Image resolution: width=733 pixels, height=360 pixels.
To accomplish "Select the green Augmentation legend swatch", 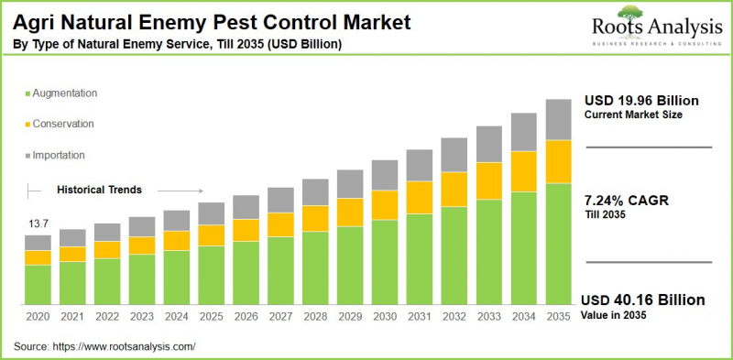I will tap(27, 94).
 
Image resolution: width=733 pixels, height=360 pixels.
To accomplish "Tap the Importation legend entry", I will tap(59, 155).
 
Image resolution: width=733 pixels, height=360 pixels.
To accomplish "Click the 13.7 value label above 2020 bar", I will tap(38, 224).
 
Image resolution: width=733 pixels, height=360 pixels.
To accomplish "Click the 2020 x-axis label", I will tap(38, 316).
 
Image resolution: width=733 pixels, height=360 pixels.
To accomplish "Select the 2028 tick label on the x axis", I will tap(315, 316).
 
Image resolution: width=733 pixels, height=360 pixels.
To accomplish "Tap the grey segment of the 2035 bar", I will tap(558, 119).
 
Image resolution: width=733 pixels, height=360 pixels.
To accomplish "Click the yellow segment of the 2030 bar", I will tap(385, 204).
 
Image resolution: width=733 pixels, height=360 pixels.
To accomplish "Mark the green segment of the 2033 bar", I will tap(489, 252).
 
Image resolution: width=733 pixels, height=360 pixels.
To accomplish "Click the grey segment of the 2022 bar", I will tap(107, 232).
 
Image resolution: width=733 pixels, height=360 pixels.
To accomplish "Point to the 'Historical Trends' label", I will tap(99, 191).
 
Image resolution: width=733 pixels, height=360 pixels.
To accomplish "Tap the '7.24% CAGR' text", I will tap(625, 198).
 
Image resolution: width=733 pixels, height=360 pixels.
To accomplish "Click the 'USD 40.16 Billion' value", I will tap(644, 300).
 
